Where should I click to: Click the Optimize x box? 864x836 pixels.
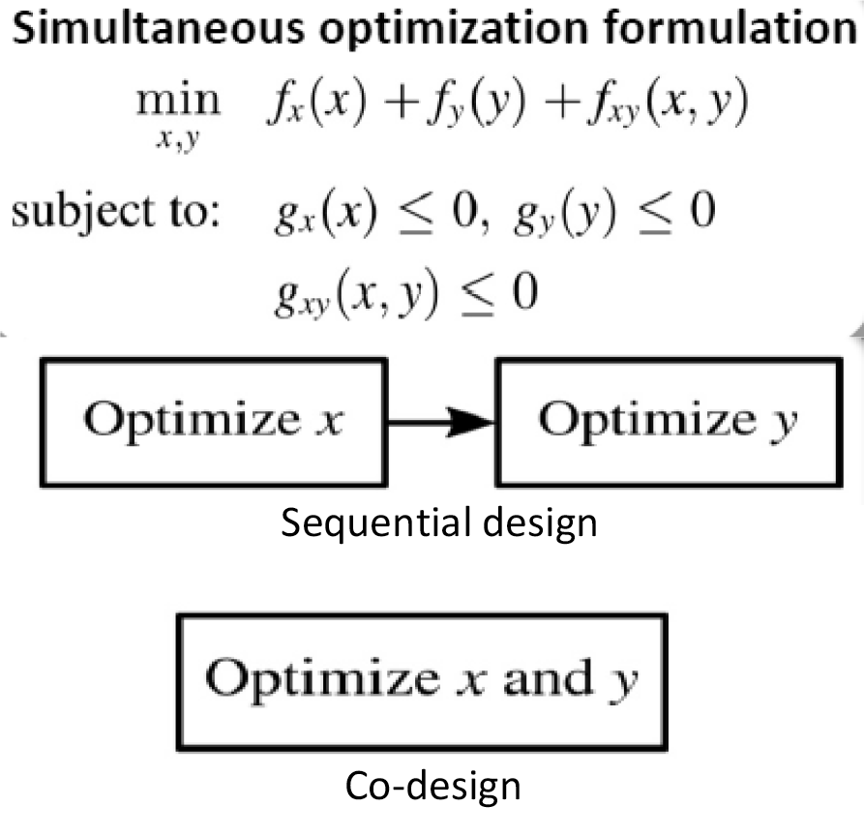tap(205, 421)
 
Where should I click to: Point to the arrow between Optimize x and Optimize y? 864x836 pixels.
tap(441, 421)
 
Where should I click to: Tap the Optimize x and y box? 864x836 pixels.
tap(422, 680)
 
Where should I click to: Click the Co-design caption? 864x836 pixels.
tap(432, 786)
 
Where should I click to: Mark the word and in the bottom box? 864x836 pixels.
tap(551, 679)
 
